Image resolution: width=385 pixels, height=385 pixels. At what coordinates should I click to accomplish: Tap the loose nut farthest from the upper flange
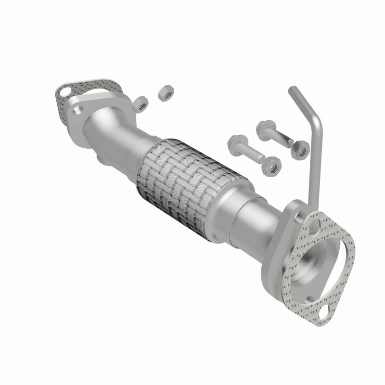click(x=165, y=93)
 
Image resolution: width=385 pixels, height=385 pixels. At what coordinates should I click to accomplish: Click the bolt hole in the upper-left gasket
click(x=64, y=91)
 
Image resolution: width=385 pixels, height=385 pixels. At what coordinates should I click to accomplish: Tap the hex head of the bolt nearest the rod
click(x=265, y=129)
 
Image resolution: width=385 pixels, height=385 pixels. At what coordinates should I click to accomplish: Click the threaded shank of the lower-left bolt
click(x=253, y=155)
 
